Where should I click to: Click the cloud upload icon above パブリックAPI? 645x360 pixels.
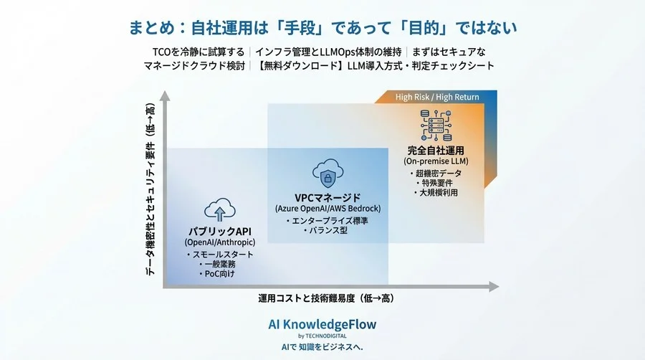tap(219, 211)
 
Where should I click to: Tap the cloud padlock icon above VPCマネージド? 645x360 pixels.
tap(328, 173)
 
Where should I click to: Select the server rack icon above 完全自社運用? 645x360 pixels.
tap(436, 126)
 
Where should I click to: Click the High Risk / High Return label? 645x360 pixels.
tap(437, 97)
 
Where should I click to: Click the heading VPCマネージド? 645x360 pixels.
tap(328, 197)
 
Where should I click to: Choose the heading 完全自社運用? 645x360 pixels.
tap(436, 151)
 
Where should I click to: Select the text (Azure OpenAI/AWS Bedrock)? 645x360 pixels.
tap(328, 208)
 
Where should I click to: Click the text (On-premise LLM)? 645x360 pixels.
tap(436, 162)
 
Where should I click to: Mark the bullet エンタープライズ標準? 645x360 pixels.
tap(328, 220)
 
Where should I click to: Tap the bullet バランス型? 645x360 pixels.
tap(326, 231)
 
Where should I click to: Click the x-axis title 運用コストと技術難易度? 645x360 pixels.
tap(326, 298)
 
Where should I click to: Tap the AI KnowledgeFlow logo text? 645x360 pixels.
tap(322, 324)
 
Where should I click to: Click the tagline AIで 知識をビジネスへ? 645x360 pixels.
tap(322, 347)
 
